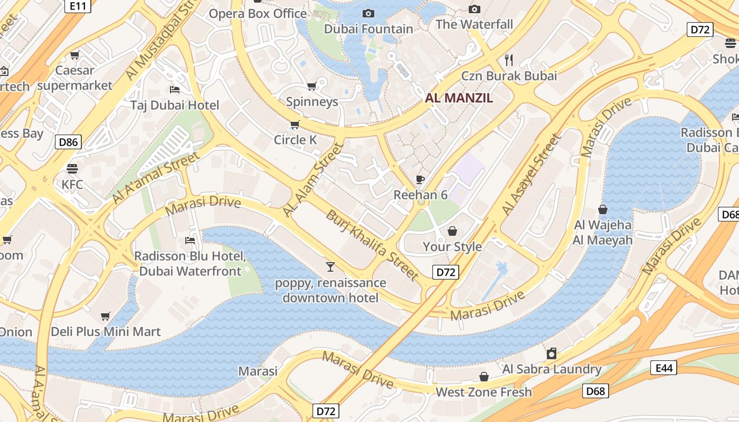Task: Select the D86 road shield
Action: point(69,141)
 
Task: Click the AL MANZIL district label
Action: point(459,98)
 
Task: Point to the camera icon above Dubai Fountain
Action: point(368,13)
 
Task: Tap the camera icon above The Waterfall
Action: point(475,9)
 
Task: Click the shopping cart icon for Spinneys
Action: point(312,86)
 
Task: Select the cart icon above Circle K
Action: point(295,125)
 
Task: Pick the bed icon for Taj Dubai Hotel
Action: point(175,90)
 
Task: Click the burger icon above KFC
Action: point(72,169)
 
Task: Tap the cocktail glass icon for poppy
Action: point(330,267)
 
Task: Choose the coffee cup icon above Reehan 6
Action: point(420,179)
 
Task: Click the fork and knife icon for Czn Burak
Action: point(509,60)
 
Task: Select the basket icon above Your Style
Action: point(452,231)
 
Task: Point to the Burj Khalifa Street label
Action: point(372,245)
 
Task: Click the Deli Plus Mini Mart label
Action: point(106,332)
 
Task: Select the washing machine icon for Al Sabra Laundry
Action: point(552,353)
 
